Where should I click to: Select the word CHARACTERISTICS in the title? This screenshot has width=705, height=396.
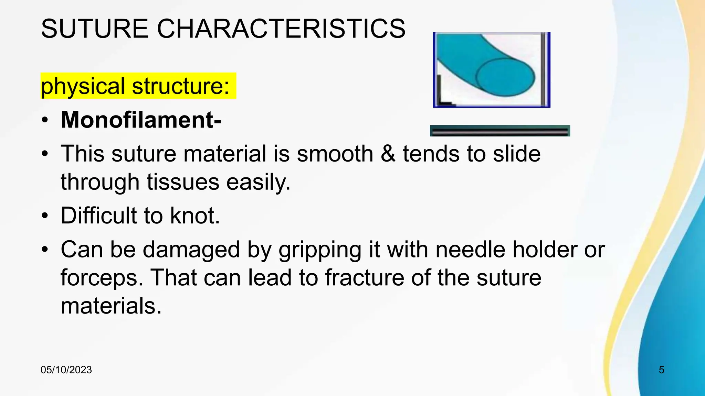pos(281,29)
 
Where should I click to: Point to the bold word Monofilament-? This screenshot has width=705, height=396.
pos(141,120)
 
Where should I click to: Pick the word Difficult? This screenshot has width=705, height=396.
pos(98,216)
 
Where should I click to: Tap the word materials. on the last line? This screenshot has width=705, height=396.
pos(111,306)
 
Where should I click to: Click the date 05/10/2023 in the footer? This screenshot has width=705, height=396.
pos(66,370)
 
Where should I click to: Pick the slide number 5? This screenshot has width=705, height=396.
pos(661,370)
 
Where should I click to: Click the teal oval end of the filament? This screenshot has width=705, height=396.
pos(505,77)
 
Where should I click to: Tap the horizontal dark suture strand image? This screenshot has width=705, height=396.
pos(500,131)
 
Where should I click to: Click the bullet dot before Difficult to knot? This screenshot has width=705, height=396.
pos(45,216)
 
